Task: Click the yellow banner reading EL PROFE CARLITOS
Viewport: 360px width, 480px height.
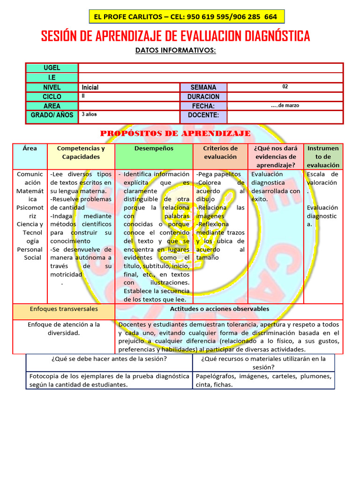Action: coord(186,17)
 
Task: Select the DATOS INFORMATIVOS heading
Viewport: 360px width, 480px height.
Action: coord(175,50)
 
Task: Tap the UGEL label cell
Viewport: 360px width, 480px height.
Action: coord(52,68)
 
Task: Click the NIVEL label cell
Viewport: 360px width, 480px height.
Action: coord(52,87)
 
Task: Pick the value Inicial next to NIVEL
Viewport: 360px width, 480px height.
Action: coord(90,87)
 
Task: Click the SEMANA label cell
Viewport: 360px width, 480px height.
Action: coord(203,87)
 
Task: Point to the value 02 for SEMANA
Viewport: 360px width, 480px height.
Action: coord(285,86)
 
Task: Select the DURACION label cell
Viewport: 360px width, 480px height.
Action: coord(203,97)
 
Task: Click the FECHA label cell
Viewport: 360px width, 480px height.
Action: coord(203,106)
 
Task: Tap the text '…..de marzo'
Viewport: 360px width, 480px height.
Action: coord(285,105)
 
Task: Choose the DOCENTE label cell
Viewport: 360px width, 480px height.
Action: coord(203,115)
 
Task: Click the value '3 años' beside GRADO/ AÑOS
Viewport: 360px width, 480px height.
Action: coord(89,114)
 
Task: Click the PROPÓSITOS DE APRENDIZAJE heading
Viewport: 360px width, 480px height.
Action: coord(175,134)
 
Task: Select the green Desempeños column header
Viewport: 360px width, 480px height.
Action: coord(154,149)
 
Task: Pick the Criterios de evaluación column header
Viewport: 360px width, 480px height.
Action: coord(220,152)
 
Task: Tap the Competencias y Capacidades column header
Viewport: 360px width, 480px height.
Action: coord(81,152)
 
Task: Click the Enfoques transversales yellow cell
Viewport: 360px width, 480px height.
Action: coord(64,309)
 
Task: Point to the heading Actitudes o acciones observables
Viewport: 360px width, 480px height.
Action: coord(219,309)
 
